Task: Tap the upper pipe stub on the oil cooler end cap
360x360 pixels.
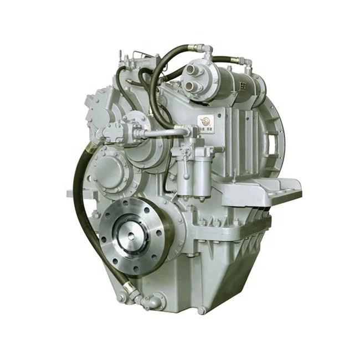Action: pyautogui.click(x=191, y=70)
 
